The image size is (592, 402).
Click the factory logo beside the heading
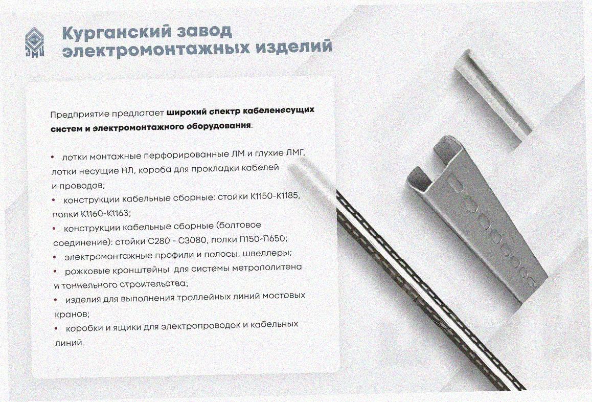pos(35,42)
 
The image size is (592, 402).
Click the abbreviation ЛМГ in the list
pos(295,153)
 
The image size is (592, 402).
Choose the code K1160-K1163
pos(105,214)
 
